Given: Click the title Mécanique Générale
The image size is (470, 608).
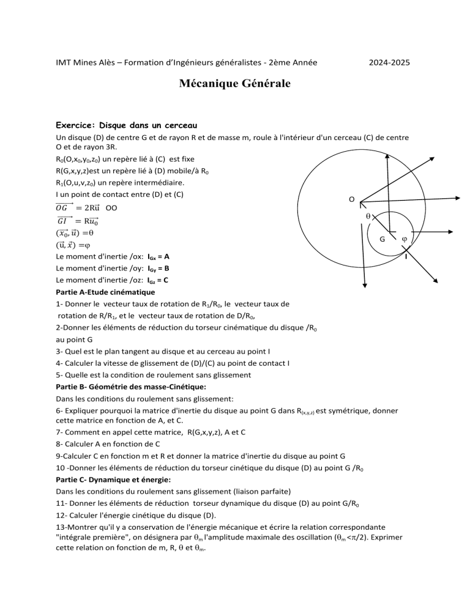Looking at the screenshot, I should (x=234, y=83).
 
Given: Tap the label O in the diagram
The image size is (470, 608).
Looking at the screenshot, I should (x=350, y=199).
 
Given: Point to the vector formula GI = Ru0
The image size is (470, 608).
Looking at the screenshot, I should (x=80, y=221).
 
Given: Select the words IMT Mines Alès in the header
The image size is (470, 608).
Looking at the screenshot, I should (x=83, y=62).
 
